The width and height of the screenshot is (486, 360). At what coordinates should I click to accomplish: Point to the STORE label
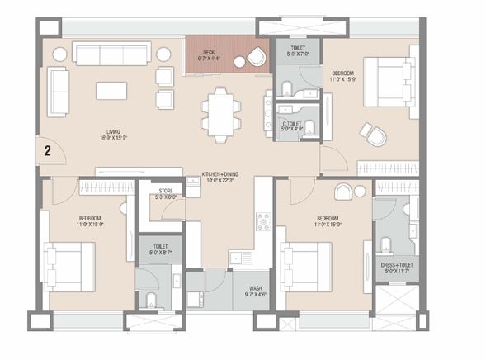pos(165,191)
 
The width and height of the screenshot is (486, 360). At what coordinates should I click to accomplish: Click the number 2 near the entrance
pos(48,150)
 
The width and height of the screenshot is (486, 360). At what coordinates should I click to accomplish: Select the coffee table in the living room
pos(111,90)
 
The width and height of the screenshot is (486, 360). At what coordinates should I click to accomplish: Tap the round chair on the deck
pos(255,59)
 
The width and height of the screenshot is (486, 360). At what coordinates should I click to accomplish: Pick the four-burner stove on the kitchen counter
pos(263,220)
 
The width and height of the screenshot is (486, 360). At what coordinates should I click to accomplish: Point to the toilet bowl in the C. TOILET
pos(309,127)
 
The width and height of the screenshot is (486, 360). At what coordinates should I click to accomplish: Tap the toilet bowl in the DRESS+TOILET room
pos(386,244)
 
